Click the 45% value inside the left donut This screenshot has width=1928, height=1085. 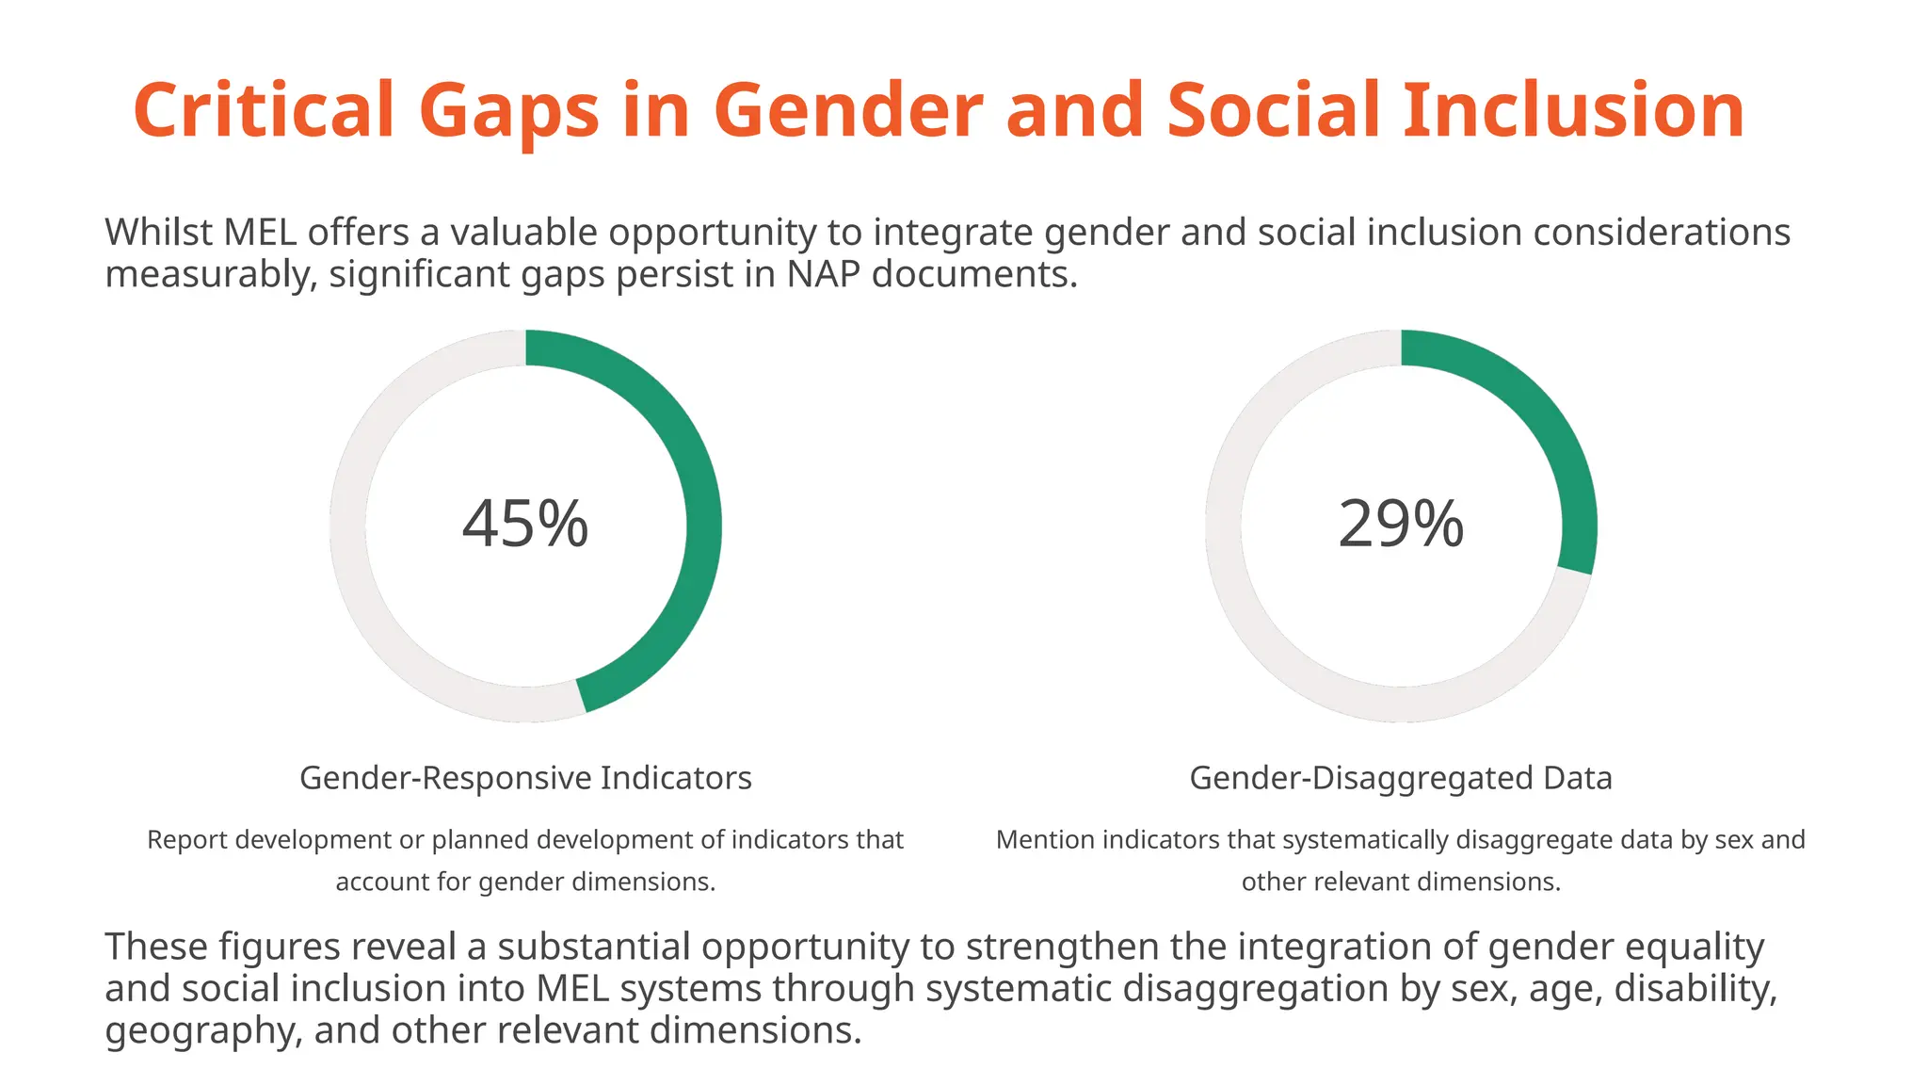point(525,524)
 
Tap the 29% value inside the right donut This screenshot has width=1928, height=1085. point(1401,524)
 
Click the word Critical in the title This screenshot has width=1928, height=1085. point(264,110)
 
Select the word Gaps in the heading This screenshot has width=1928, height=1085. point(508,110)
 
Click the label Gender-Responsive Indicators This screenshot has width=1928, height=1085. point(525,778)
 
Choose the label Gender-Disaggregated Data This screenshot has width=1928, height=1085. point(1401,778)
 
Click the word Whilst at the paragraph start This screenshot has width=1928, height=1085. point(159,232)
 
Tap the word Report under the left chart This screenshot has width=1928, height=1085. point(187,839)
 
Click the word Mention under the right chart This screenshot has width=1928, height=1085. point(1045,839)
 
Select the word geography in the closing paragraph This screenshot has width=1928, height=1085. point(201,1030)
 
